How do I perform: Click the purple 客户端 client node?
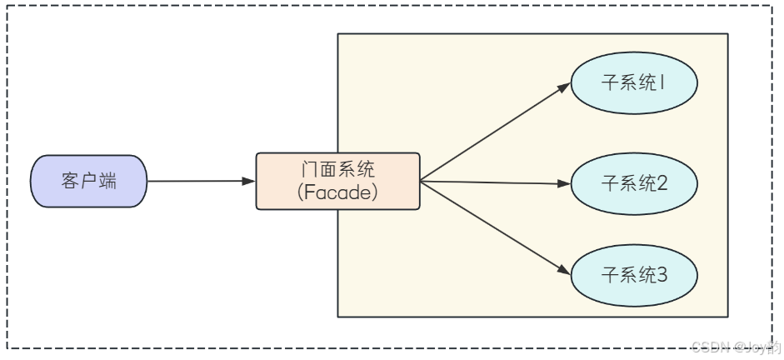point(88,181)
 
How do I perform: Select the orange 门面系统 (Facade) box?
point(337,181)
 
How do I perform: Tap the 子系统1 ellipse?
point(633,84)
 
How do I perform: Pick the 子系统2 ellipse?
point(633,183)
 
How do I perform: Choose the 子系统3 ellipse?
point(633,275)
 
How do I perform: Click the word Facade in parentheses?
point(337,192)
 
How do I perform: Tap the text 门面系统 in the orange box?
point(337,169)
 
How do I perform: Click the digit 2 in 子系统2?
point(662,183)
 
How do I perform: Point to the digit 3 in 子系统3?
point(662,275)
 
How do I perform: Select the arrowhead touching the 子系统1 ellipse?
point(564,88)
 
